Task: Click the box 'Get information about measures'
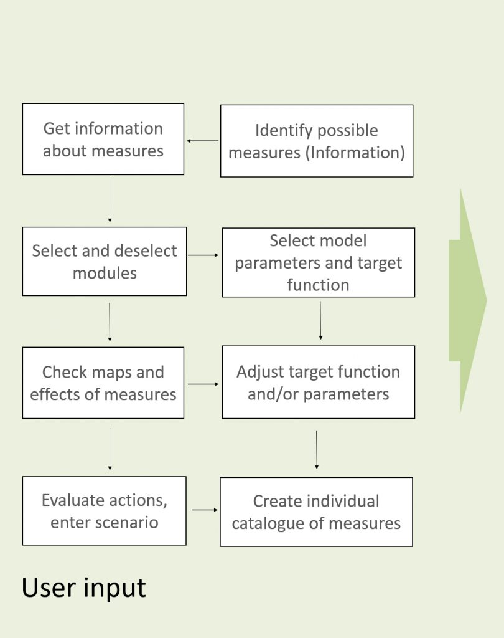[x=103, y=139]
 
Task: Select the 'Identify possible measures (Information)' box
[x=317, y=141]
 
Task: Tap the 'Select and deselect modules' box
[x=105, y=261]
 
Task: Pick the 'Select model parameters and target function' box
[x=319, y=262]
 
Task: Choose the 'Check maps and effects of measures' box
[x=103, y=383]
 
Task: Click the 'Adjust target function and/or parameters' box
[x=319, y=382]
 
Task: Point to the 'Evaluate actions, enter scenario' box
[x=105, y=511]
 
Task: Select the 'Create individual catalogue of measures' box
[x=316, y=512]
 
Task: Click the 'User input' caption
[x=84, y=588]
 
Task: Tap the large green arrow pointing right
[x=468, y=300]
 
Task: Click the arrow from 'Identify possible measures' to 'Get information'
[x=202, y=141]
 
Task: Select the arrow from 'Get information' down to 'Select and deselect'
[x=110, y=199]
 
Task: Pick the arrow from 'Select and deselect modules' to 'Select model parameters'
[x=203, y=255]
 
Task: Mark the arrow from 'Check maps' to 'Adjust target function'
[x=203, y=384]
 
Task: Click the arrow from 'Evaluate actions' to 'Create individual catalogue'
[x=204, y=510]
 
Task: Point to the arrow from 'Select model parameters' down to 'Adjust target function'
[x=320, y=320]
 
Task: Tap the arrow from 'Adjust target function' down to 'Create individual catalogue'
[x=317, y=449]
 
